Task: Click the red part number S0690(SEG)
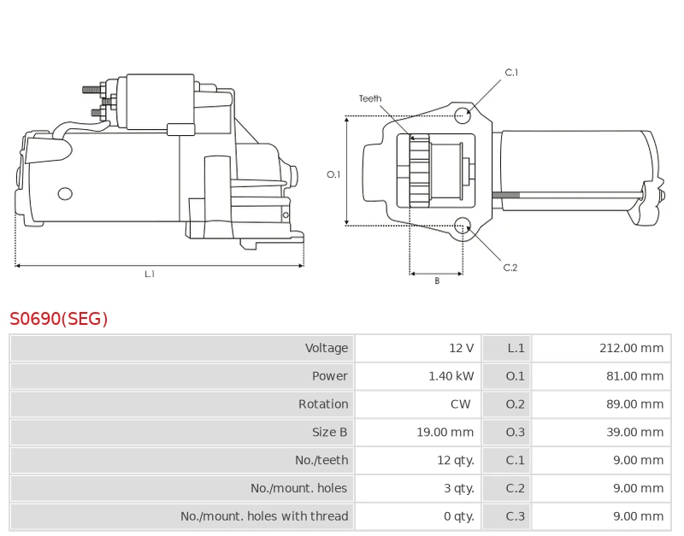[x=59, y=319]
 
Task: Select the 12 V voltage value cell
[x=461, y=348]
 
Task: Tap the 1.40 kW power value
[x=451, y=376]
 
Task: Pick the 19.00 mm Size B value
[x=445, y=433]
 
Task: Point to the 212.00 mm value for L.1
[x=631, y=348]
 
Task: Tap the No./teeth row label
[x=321, y=460]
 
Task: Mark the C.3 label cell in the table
[x=515, y=516]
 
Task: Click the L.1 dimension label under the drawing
[x=150, y=274]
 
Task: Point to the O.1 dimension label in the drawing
[x=333, y=174]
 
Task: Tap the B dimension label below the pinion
[x=436, y=281]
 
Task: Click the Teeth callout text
[x=370, y=99]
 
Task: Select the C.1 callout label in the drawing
[x=511, y=73]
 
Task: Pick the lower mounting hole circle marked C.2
[x=463, y=226]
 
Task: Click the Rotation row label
[x=323, y=404]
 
